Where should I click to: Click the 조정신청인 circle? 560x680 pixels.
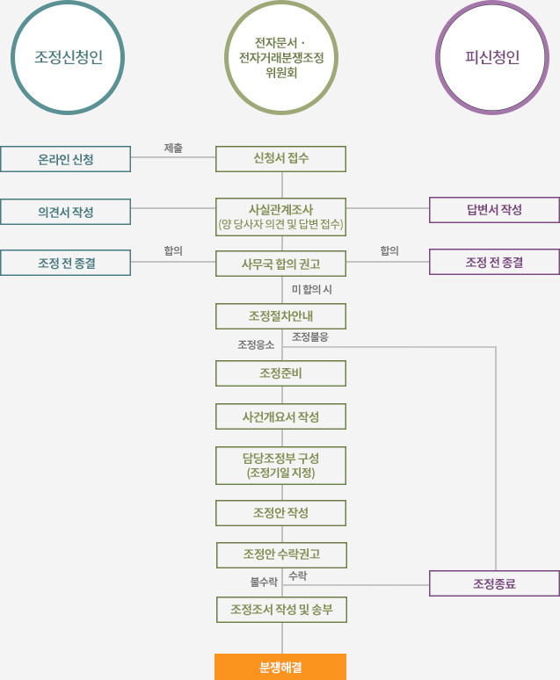[x=68, y=59]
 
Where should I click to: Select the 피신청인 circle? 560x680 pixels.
[x=492, y=59]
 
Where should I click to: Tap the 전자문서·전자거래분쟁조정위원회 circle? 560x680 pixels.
[x=280, y=59]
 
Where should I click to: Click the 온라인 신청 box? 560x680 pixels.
[x=66, y=159]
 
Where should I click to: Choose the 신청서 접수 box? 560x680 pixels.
[x=281, y=159]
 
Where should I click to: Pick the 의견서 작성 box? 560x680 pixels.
[x=66, y=212]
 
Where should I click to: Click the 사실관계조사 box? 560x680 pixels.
[x=281, y=217]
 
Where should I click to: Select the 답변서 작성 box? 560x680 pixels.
[x=494, y=210]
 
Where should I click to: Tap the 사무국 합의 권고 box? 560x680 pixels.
[x=281, y=263]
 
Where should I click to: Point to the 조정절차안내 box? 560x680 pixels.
[x=281, y=316]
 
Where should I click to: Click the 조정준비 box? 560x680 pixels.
[x=281, y=373]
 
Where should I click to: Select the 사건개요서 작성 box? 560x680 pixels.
[x=281, y=416]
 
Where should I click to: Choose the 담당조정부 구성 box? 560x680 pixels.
[x=281, y=466]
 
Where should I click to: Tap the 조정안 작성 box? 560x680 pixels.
[x=281, y=513]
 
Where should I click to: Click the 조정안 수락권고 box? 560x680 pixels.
[x=281, y=555]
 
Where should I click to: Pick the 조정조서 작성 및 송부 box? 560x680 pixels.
[x=281, y=610]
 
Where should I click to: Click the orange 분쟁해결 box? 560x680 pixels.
[x=280, y=667]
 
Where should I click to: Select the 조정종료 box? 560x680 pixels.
[x=494, y=583]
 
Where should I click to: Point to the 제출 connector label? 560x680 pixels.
[x=173, y=148]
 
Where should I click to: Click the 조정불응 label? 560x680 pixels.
[x=310, y=336]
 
